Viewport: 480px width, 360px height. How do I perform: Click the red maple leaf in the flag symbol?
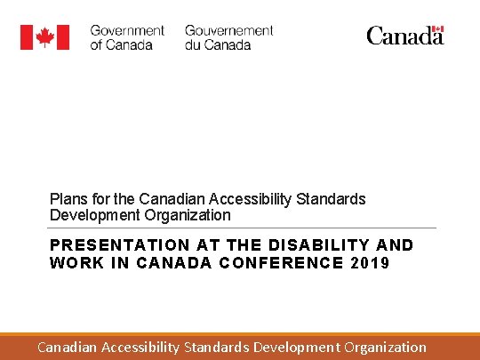[44, 37]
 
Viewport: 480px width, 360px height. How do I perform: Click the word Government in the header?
[127, 30]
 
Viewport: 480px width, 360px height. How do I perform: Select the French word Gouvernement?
[228, 30]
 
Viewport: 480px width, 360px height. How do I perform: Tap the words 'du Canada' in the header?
[218, 44]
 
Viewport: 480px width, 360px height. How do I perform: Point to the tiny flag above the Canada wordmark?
[436, 28]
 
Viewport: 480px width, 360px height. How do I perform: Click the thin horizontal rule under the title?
[243, 228]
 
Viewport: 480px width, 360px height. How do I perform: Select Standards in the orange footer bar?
[216, 347]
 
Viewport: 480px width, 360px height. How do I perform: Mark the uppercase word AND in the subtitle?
[395, 244]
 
